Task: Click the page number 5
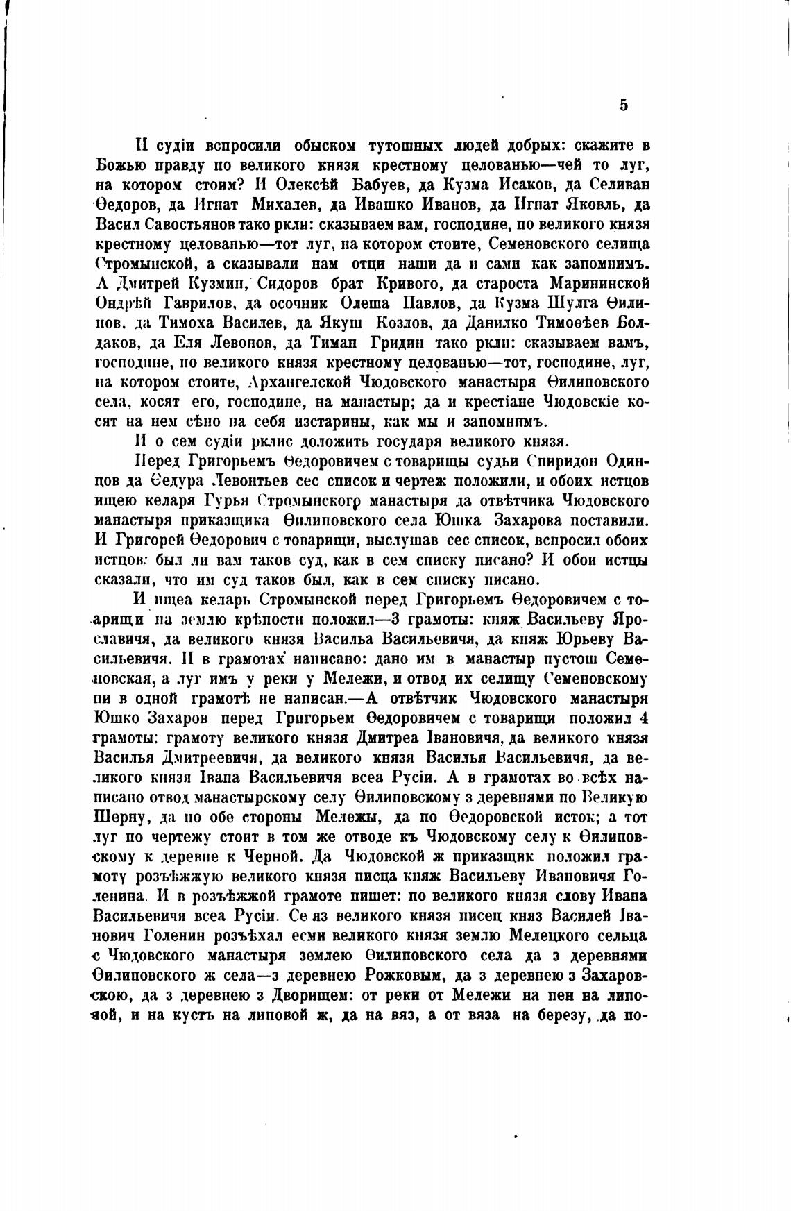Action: (x=622, y=105)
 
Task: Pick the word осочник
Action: (x=299, y=303)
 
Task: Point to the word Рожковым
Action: (x=400, y=975)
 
